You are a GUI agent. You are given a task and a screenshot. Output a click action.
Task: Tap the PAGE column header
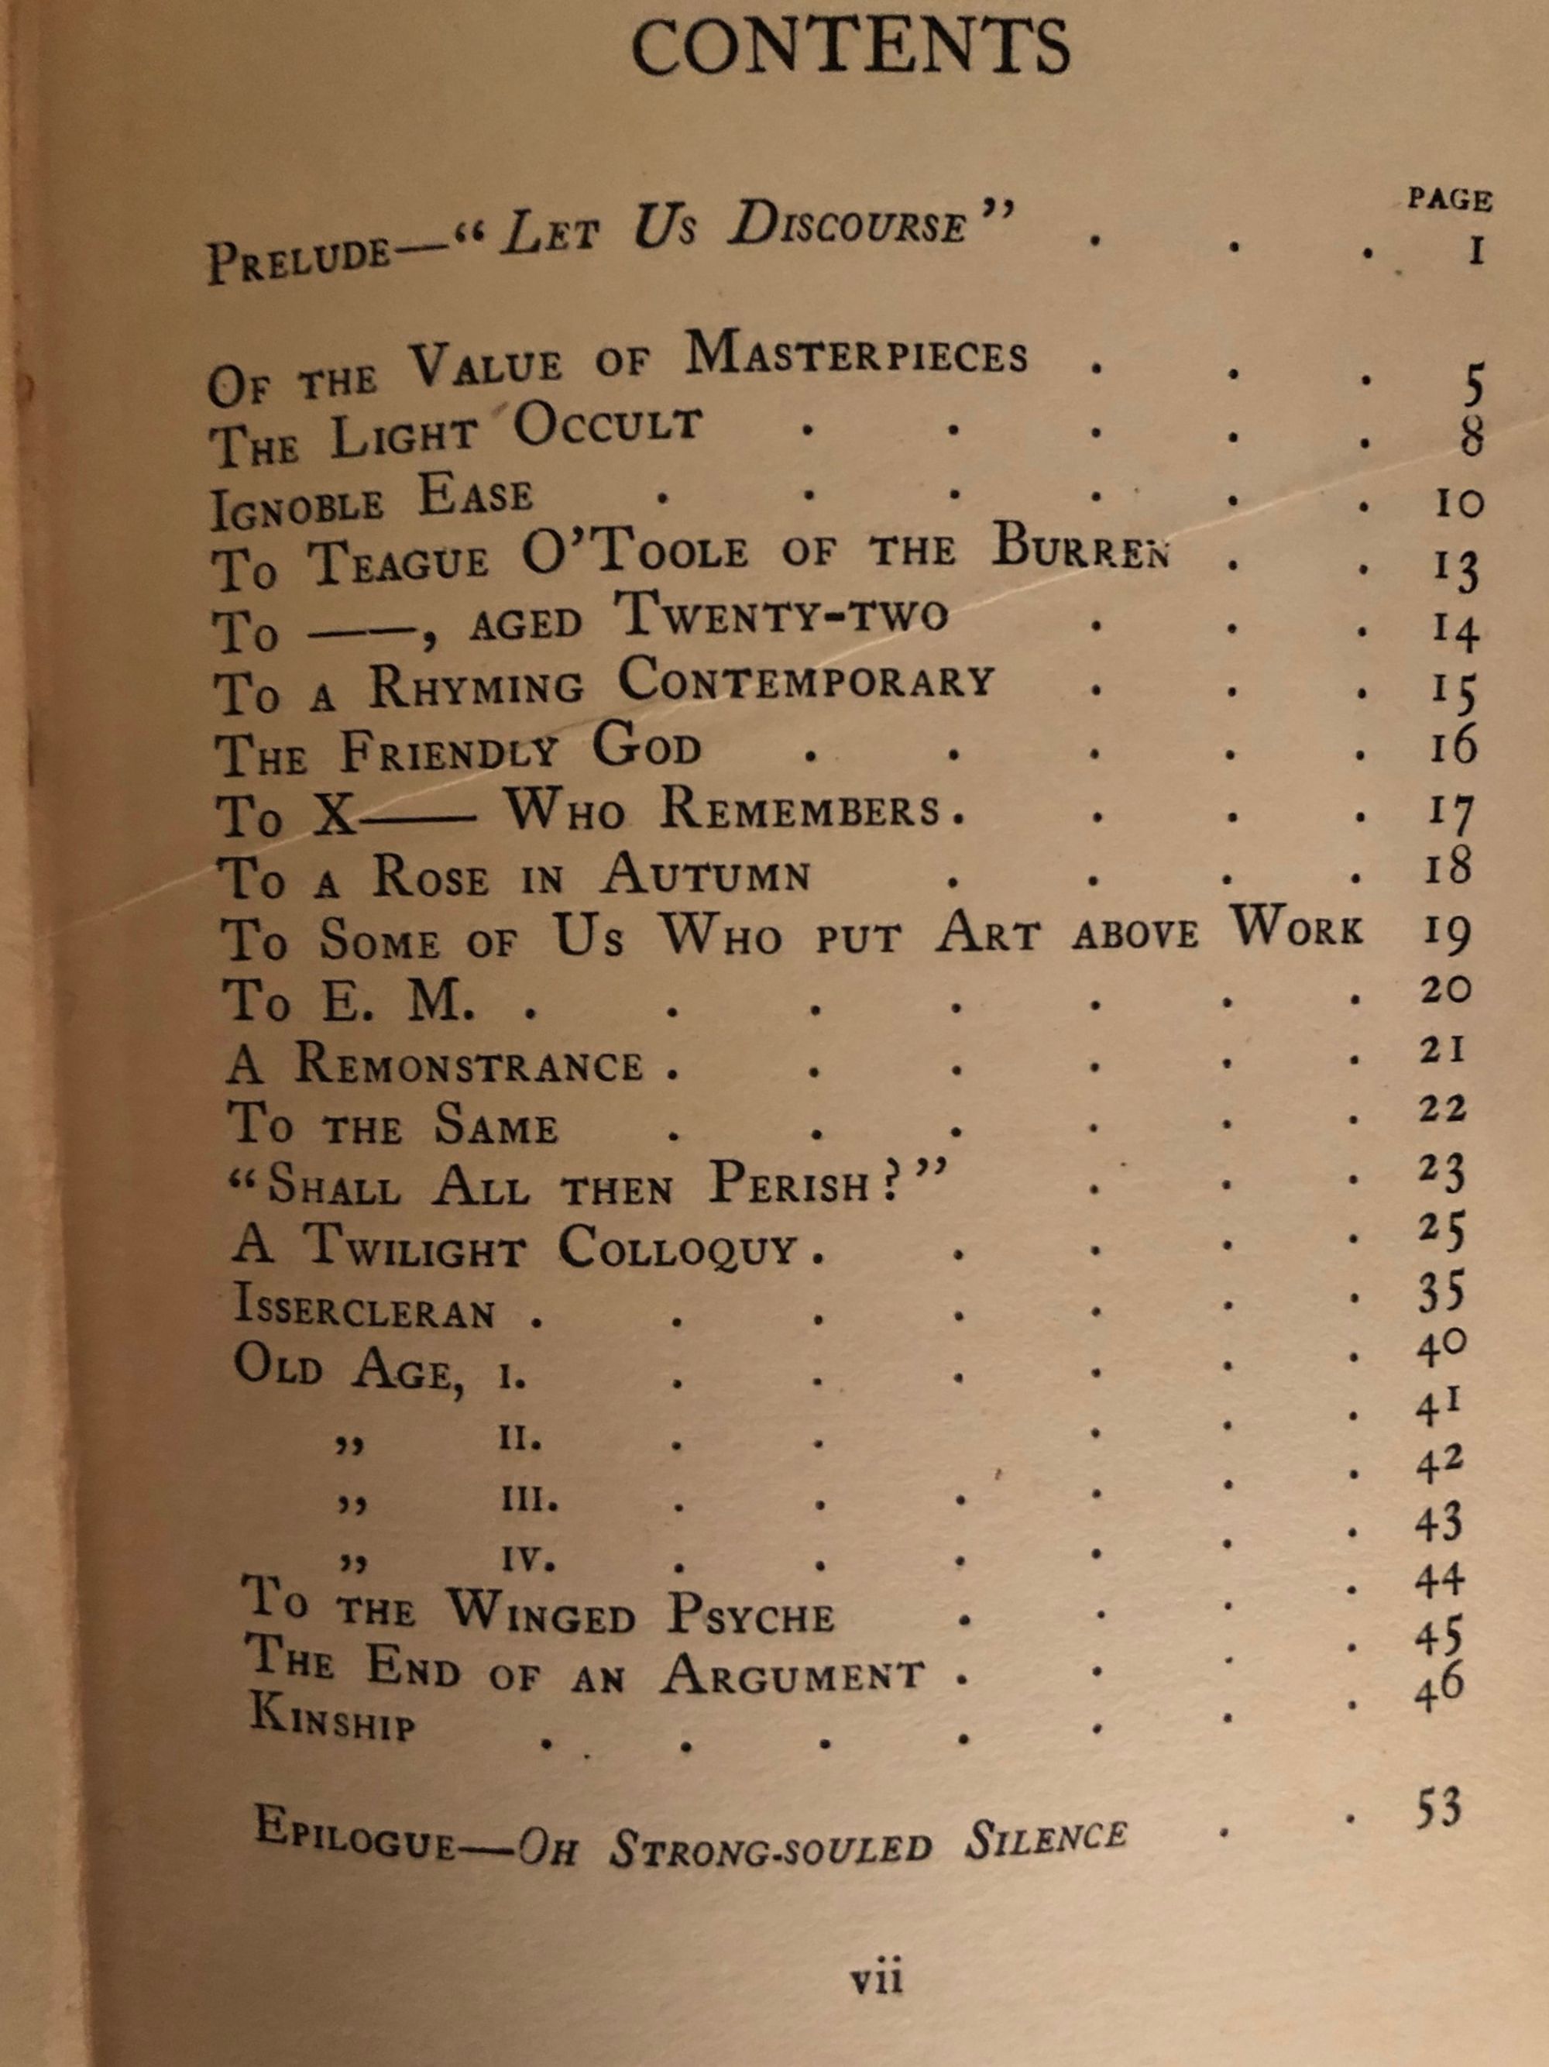tap(1450, 200)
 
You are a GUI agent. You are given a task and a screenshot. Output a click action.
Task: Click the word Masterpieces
tap(856, 354)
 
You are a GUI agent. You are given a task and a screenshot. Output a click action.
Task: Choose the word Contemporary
tap(805, 682)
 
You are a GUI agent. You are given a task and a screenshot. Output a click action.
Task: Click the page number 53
tap(1436, 1810)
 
